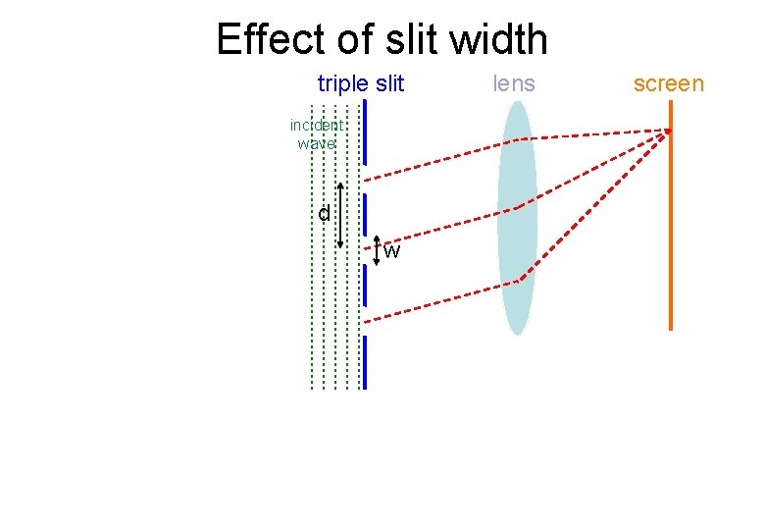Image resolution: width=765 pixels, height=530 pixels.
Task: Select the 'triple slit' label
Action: [x=360, y=83]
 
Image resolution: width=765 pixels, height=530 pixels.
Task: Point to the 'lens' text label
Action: [x=514, y=83]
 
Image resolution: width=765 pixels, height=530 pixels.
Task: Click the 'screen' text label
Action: [x=668, y=83]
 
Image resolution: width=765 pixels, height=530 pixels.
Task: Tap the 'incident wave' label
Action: [x=316, y=134]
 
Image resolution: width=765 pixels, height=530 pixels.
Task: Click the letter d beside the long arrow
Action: [x=324, y=213]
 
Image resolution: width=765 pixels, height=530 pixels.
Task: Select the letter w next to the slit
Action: [x=391, y=251]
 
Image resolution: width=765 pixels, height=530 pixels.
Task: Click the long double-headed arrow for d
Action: [x=340, y=216]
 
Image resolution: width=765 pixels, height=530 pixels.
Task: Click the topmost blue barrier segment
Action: [x=364, y=132]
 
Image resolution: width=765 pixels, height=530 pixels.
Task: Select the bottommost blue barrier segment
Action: [x=364, y=363]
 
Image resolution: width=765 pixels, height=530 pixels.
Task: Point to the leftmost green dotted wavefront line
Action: [x=312, y=294]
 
